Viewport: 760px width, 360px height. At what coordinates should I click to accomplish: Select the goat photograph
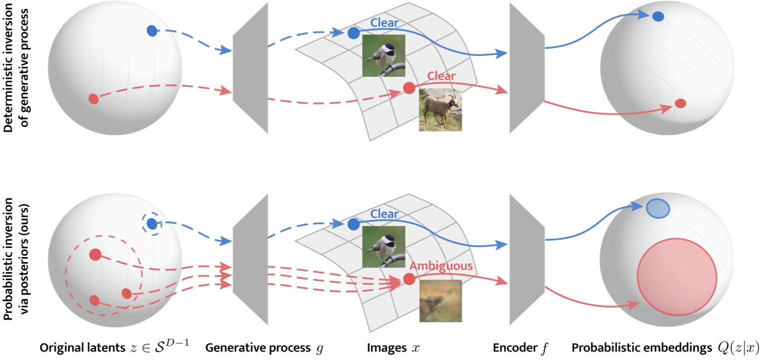(440, 110)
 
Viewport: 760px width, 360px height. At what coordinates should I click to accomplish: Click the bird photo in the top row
(384, 55)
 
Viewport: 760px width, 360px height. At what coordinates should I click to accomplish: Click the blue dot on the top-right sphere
(658, 16)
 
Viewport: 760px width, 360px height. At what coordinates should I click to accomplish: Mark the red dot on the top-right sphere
(680, 103)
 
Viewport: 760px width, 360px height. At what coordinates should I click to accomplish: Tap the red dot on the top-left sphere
(93, 99)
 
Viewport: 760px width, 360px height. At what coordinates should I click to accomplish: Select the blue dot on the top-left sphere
(152, 31)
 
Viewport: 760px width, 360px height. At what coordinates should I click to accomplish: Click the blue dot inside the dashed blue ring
(152, 222)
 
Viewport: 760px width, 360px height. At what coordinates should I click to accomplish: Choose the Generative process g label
(264, 348)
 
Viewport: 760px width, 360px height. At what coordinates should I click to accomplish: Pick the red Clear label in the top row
(441, 76)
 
